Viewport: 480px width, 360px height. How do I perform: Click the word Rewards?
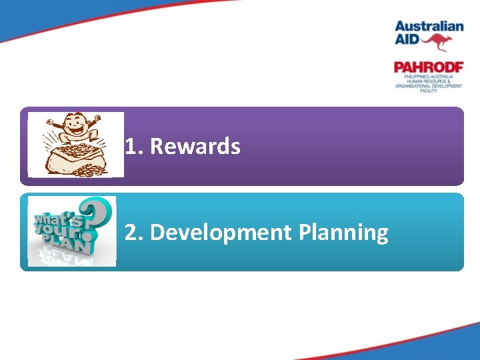coord(195,146)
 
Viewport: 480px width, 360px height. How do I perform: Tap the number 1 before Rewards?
coord(131,146)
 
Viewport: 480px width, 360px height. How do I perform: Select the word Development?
coord(221,233)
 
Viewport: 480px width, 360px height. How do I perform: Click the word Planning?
coord(343,233)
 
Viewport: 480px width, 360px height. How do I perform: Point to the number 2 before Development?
coord(131,233)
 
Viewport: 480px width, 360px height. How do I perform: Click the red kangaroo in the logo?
coord(439,43)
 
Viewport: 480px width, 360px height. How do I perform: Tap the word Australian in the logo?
coord(429,27)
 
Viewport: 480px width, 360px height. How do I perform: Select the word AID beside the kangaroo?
coord(407,41)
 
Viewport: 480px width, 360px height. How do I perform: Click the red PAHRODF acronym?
coord(428,67)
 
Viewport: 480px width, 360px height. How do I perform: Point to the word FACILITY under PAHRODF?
coord(428,91)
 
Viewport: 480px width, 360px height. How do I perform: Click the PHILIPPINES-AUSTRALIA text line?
coord(428,77)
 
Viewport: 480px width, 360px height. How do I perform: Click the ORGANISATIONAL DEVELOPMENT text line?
coord(428,86)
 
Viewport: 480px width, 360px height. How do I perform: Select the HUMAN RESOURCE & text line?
coord(428,81)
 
